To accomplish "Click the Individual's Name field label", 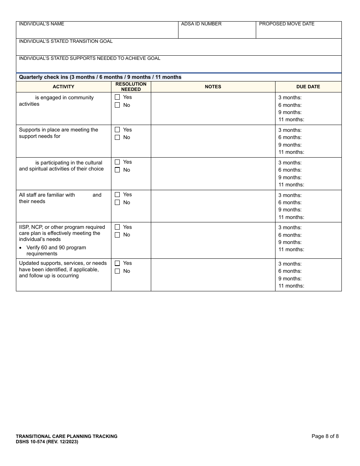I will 42,24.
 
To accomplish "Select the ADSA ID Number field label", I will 201,24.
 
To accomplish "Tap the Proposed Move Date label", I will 287,24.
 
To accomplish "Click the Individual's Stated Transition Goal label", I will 66,41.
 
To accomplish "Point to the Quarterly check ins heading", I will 100,77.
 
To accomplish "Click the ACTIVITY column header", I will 64,87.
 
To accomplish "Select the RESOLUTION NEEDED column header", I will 131,87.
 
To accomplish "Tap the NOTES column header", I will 213,87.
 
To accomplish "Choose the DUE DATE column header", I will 308,87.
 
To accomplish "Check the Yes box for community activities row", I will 117,97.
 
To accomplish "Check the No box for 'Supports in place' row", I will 117,138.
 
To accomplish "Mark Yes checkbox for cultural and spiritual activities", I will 117,162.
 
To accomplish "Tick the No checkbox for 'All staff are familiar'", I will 117,203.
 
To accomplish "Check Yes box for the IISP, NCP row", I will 117,227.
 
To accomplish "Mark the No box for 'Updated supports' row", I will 117,271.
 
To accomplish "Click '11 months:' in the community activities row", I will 291,120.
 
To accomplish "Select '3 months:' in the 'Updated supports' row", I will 290,264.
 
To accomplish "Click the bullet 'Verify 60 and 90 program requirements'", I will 56,251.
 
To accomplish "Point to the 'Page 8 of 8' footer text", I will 325,436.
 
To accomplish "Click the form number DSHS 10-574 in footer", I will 47,442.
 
